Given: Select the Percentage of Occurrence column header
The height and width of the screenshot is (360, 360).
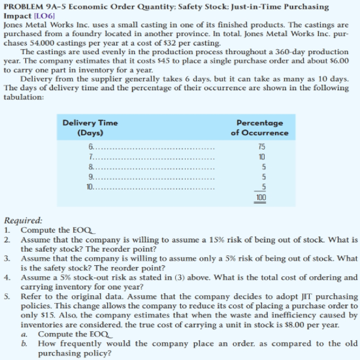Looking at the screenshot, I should click(259, 126).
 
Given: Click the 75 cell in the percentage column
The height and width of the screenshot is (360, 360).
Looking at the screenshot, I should click(261, 147).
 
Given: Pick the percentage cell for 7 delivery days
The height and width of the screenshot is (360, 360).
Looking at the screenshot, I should click(261, 157).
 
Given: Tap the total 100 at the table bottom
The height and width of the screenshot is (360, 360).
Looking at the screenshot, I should click(260, 197).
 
